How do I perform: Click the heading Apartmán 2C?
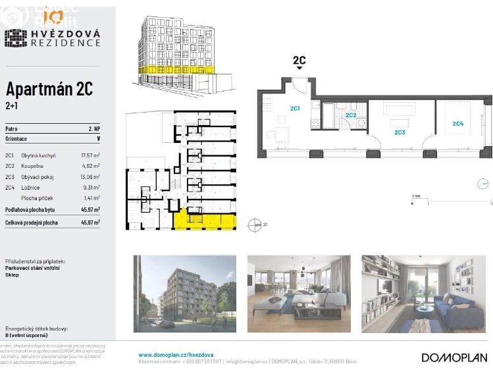click(49, 89)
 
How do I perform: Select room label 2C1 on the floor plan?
click(296, 108)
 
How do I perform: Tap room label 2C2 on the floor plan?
click(351, 115)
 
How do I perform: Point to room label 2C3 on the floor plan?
click(400, 132)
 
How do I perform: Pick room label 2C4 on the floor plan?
click(457, 123)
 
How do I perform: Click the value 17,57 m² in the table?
click(90, 155)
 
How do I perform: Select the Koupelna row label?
click(33, 166)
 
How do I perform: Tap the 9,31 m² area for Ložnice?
click(91, 187)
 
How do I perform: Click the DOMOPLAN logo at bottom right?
click(454, 357)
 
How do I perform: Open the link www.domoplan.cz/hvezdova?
click(167, 355)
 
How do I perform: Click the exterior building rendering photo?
click(184, 293)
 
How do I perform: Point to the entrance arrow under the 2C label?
click(299, 68)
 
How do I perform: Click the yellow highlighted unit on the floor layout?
click(203, 221)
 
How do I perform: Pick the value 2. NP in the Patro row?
click(94, 129)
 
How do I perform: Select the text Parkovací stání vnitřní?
click(32, 268)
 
